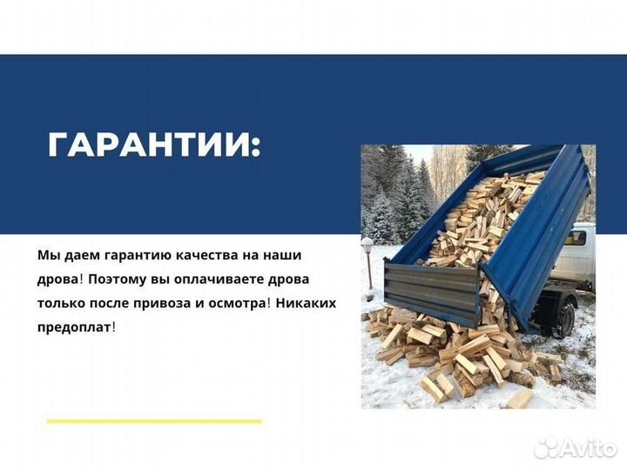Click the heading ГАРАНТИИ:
(154, 144)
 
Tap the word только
(60, 304)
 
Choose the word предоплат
(74, 328)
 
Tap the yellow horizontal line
(154, 421)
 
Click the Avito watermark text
(585, 447)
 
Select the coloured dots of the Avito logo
(545, 447)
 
